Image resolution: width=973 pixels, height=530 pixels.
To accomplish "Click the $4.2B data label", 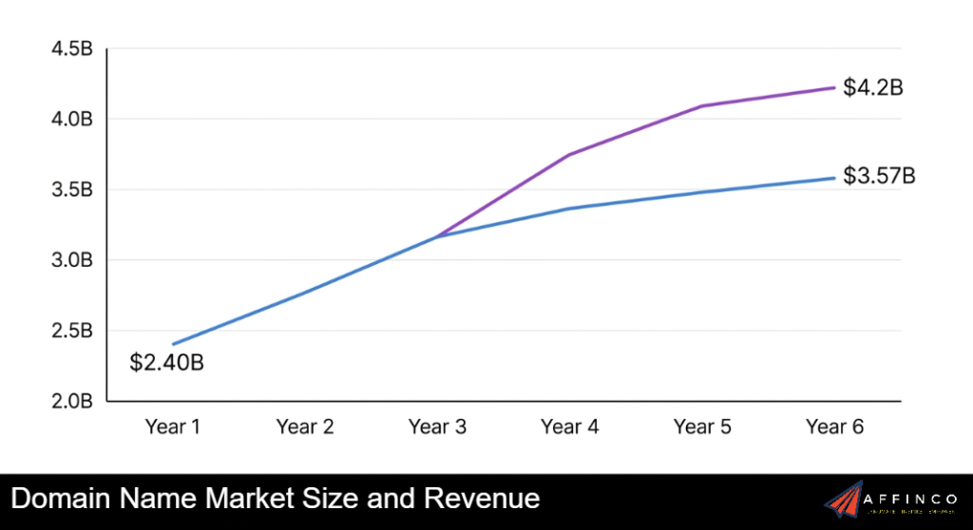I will [x=872, y=88].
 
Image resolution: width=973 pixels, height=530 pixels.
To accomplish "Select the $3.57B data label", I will [x=879, y=177].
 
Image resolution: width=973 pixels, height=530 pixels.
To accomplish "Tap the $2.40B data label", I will [x=168, y=362].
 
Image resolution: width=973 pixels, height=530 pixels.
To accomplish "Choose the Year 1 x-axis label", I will [x=173, y=427].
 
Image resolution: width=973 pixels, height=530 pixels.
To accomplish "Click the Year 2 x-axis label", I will [x=305, y=427].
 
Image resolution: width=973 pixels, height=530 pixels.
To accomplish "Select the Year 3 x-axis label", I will [x=437, y=427].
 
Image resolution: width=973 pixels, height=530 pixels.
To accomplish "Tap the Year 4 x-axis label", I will [x=570, y=427].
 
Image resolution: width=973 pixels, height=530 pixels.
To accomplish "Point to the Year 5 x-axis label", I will [x=702, y=427].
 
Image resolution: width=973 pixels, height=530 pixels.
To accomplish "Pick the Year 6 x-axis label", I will [x=834, y=427].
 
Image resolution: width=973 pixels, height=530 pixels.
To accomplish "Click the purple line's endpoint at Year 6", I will [x=834, y=87].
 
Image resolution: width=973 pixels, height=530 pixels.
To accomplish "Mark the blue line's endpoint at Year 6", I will [x=834, y=178].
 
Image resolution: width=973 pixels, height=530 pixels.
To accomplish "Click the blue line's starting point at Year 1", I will [x=173, y=344].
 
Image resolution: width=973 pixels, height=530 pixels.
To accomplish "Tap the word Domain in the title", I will [x=60, y=499].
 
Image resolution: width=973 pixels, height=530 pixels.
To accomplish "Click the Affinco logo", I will [x=892, y=500].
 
